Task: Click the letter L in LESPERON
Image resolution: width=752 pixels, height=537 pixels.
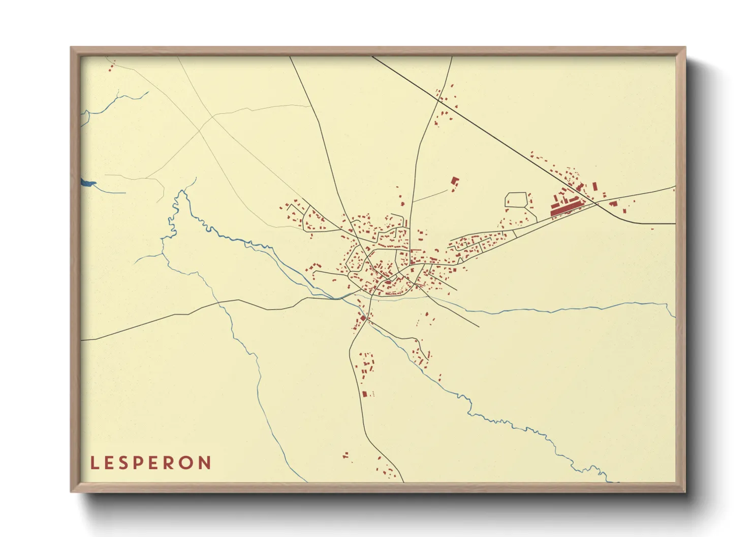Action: (94, 463)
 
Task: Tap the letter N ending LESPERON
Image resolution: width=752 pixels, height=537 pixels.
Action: (205, 463)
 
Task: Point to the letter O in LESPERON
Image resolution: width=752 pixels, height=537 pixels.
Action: (189, 463)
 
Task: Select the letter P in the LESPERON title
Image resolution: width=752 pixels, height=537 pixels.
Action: (140, 463)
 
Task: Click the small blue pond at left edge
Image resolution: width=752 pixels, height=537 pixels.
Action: (87, 183)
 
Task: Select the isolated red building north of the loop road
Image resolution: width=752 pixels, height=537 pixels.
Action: (455, 182)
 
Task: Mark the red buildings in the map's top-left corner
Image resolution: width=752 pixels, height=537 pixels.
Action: (112, 66)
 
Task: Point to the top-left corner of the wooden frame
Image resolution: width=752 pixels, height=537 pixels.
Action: (71, 48)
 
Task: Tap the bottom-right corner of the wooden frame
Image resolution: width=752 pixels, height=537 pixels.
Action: (685, 491)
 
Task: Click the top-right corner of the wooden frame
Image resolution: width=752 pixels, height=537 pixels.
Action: (685, 48)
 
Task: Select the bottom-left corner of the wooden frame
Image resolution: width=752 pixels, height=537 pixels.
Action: (71, 491)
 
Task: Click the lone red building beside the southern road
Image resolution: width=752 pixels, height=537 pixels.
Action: (364, 393)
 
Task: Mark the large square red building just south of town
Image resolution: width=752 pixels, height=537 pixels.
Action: (363, 318)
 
